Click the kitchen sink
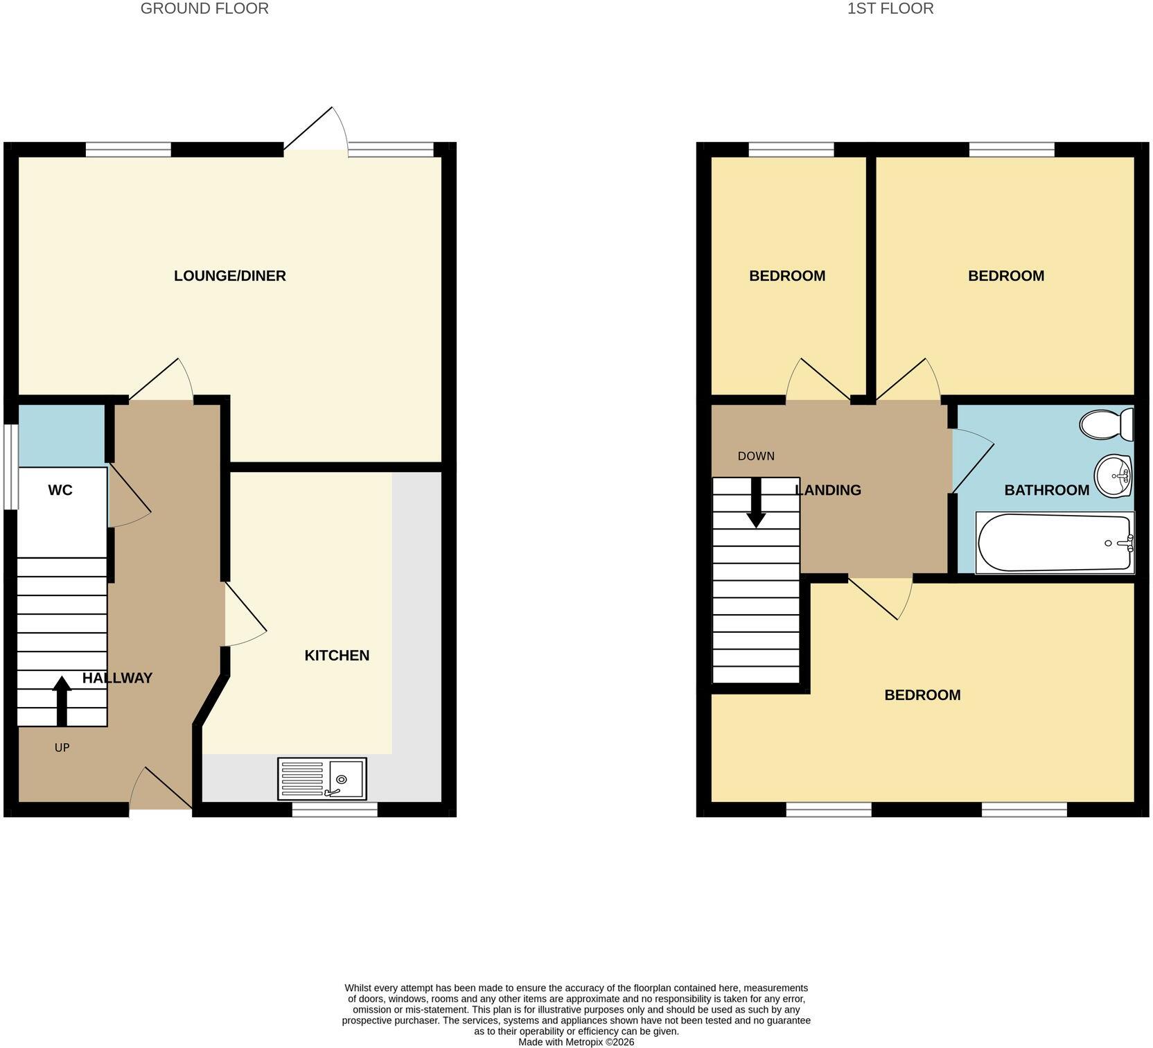coord(322,778)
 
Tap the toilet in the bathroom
coord(1107,423)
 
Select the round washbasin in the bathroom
coord(1113,475)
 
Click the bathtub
coord(1055,543)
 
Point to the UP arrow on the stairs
coord(62,701)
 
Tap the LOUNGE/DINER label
coord(230,276)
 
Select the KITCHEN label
coord(337,655)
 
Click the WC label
coord(60,490)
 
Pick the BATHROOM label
coord(1047,490)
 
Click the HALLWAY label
coord(117,678)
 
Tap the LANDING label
coord(828,490)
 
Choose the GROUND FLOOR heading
coord(204,8)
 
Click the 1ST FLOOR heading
coord(890,8)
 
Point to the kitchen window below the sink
coord(335,809)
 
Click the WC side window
coord(10,467)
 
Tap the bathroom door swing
coord(971,461)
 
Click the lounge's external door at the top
coord(316,129)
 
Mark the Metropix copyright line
coord(576,1042)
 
